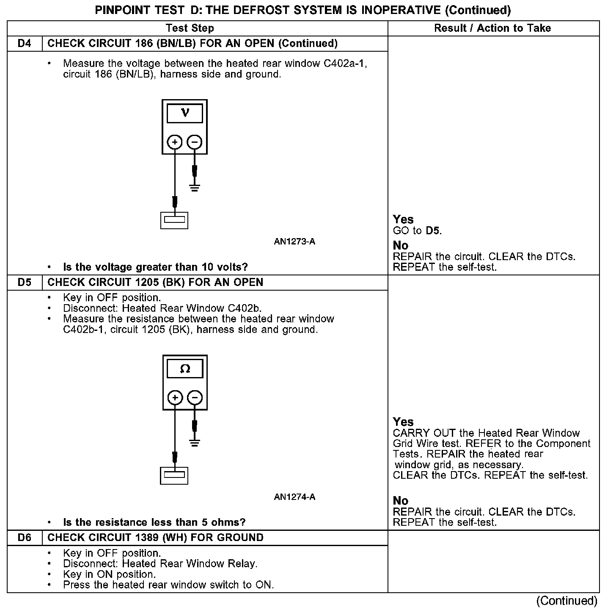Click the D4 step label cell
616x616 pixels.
pyautogui.click(x=25, y=44)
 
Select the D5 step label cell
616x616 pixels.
pyautogui.click(x=25, y=283)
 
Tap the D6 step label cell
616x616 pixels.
pyautogui.click(x=25, y=538)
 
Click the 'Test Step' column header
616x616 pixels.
pyautogui.click(x=190, y=28)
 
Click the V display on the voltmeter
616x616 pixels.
pyautogui.click(x=185, y=113)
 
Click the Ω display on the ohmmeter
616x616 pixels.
pyautogui.click(x=185, y=369)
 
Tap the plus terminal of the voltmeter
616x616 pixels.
pyautogui.click(x=175, y=142)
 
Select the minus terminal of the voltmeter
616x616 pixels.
pyautogui.click(x=195, y=142)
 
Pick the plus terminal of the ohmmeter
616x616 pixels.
pyautogui.click(x=175, y=398)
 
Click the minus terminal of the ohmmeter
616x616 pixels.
pyautogui.click(x=195, y=398)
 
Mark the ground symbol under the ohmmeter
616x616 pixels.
pyautogui.click(x=195, y=443)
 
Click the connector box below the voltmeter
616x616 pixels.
pyautogui.click(x=174, y=220)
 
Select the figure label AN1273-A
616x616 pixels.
pyautogui.click(x=294, y=242)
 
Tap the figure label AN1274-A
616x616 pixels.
pyautogui.click(x=294, y=497)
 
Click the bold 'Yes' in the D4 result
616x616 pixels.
pyautogui.click(x=403, y=219)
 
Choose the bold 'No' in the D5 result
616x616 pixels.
pyautogui.click(x=401, y=501)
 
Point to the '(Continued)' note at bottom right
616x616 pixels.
pyautogui.click(x=566, y=601)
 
